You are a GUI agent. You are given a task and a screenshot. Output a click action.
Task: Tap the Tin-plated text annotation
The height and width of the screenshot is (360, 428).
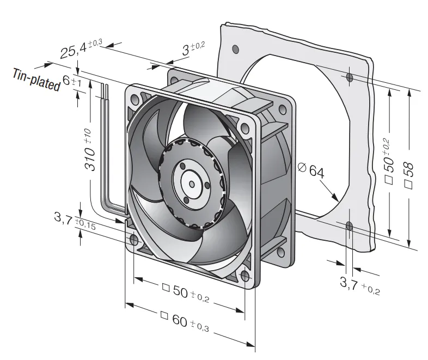click(x=36, y=80)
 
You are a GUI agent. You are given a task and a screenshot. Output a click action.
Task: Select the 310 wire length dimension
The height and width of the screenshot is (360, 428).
click(x=89, y=150)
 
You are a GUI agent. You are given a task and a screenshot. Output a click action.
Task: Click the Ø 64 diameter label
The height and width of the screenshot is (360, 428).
click(x=311, y=170)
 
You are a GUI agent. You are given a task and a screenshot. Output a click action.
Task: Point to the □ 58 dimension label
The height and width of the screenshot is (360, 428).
click(x=408, y=175)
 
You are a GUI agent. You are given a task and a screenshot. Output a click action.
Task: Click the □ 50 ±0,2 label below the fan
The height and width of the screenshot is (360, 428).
click(x=186, y=292)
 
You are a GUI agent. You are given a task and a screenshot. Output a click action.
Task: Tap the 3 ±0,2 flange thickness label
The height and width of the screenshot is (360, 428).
click(x=193, y=48)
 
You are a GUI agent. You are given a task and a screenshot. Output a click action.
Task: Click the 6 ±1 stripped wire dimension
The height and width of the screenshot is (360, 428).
click(x=72, y=81)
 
